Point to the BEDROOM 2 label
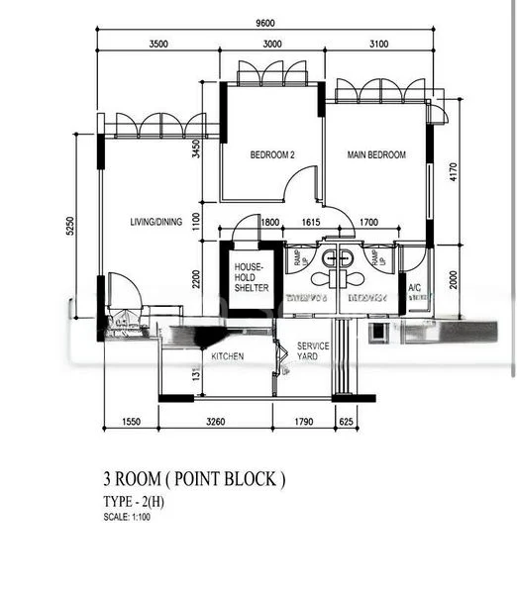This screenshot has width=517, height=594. coord(272,155)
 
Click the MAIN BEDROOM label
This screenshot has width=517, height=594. coord(376,155)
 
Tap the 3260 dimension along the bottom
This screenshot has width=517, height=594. coord(215,423)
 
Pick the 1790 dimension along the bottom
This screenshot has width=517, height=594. coord(303,423)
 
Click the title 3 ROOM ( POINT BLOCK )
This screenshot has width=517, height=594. coord(193,479)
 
